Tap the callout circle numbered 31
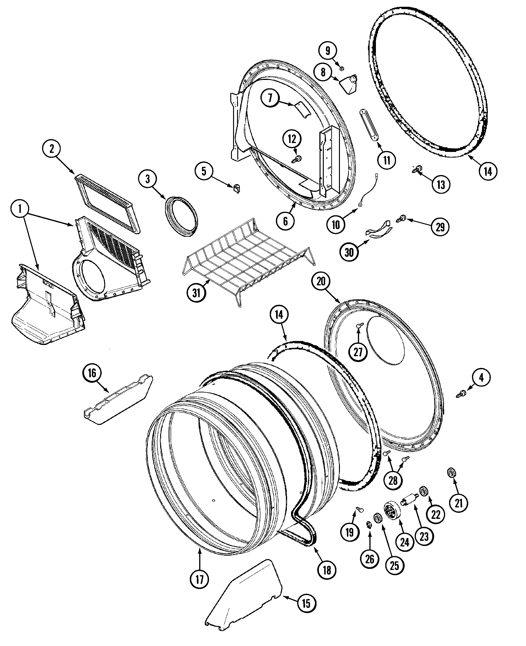(x=196, y=293)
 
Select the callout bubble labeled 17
(x=200, y=579)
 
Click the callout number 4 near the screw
(x=481, y=377)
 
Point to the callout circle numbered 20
(x=321, y=281)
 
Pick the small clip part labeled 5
(x=237, y=188)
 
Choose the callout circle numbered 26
(x=370, y=559)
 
